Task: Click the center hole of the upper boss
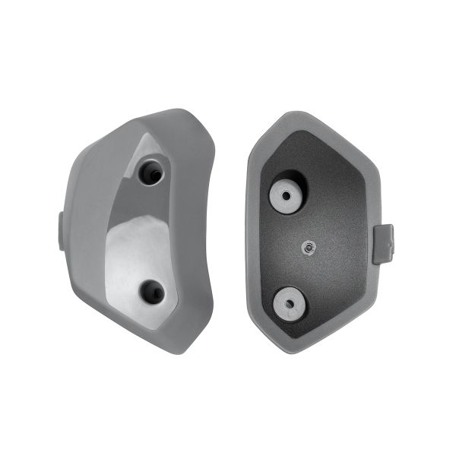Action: [287, 195]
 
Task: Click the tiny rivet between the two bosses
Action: [307, 246]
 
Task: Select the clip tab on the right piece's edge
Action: [383, 243]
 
